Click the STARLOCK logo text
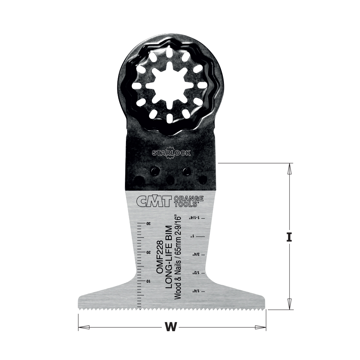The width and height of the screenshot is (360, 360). click(x=171, y=153)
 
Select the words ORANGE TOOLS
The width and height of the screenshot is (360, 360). click(x=189, y=201)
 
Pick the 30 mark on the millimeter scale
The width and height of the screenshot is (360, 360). click(x=148, y=224)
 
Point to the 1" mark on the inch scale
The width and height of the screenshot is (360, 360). click(x=193, y=237)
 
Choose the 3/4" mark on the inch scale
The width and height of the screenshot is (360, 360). click(x=193, y=255)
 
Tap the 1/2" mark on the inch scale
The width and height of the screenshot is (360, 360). click(x=193, y=273)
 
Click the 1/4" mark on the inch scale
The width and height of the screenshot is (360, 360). click(x=193, y=291)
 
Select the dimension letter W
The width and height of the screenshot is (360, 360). click(x=172, y=327)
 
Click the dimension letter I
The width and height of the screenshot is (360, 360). click(x=289, y=237)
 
